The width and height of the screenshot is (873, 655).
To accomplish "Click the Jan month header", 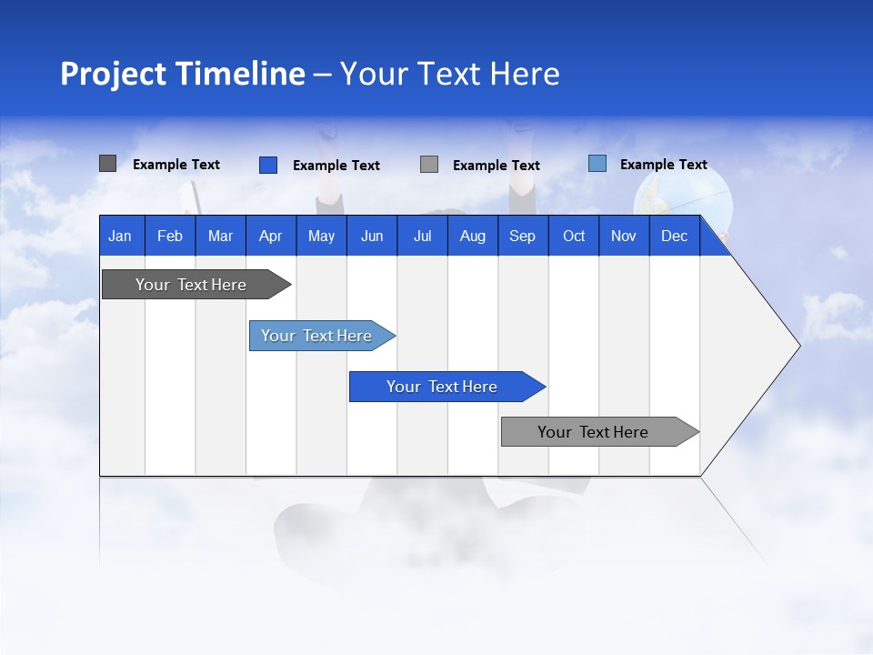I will click(120, 237).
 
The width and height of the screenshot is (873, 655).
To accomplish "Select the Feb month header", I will click(170, 237).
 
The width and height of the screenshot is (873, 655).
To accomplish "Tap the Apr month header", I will click(270, 237).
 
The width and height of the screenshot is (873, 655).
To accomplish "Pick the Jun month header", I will click(371, 237).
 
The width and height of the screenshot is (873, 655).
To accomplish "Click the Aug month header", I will click(472, 237).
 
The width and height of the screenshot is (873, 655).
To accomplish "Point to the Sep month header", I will click(522, 237).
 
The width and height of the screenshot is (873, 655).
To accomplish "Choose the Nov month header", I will click(623, 237).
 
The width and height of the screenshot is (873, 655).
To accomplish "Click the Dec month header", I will click(674, 237).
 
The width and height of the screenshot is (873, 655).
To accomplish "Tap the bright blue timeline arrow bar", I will click(443, 387).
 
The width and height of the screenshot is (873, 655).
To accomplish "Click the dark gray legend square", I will click(107, 164).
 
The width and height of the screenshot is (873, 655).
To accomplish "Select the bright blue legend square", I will click(267, 165).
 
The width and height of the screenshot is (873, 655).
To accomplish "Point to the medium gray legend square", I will click(429, 165).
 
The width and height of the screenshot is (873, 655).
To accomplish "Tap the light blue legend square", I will click(597, 164).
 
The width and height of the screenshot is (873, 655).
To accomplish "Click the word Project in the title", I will click(113, 74).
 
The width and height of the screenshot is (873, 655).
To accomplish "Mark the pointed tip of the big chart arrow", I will click(798, 346).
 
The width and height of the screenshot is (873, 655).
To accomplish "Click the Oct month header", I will click(574, 237).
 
